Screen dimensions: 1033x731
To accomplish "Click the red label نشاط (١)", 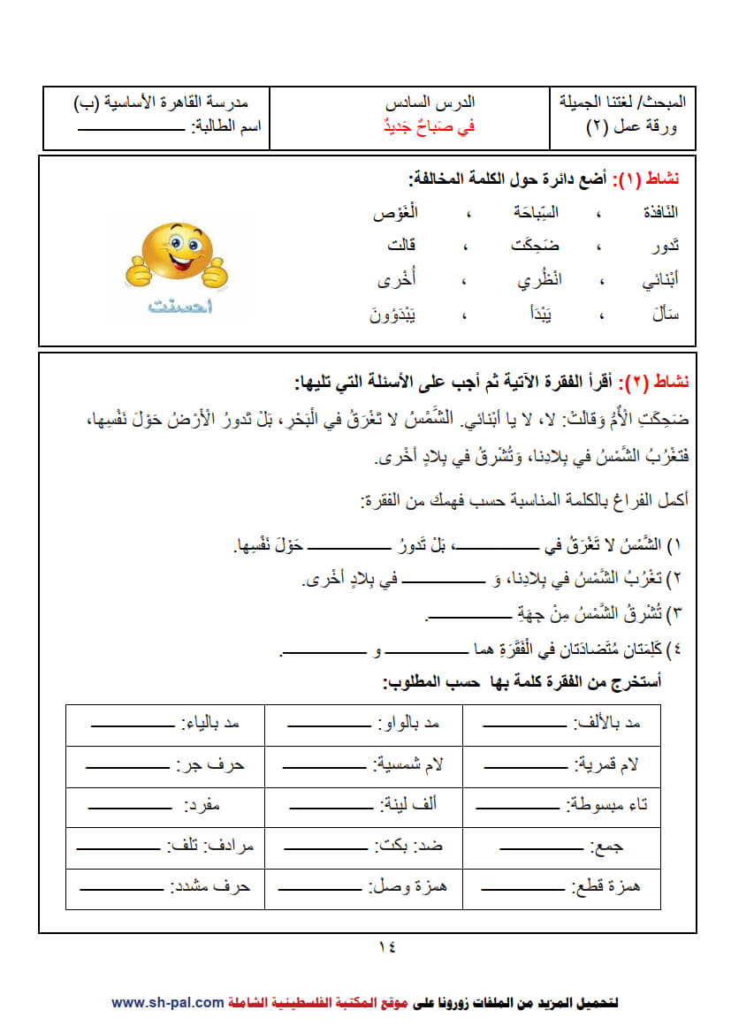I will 657,179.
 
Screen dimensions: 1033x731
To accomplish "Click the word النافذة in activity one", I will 657,213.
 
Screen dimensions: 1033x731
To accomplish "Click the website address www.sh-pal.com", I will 167,1003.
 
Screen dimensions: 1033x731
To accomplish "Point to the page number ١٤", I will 387,946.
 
